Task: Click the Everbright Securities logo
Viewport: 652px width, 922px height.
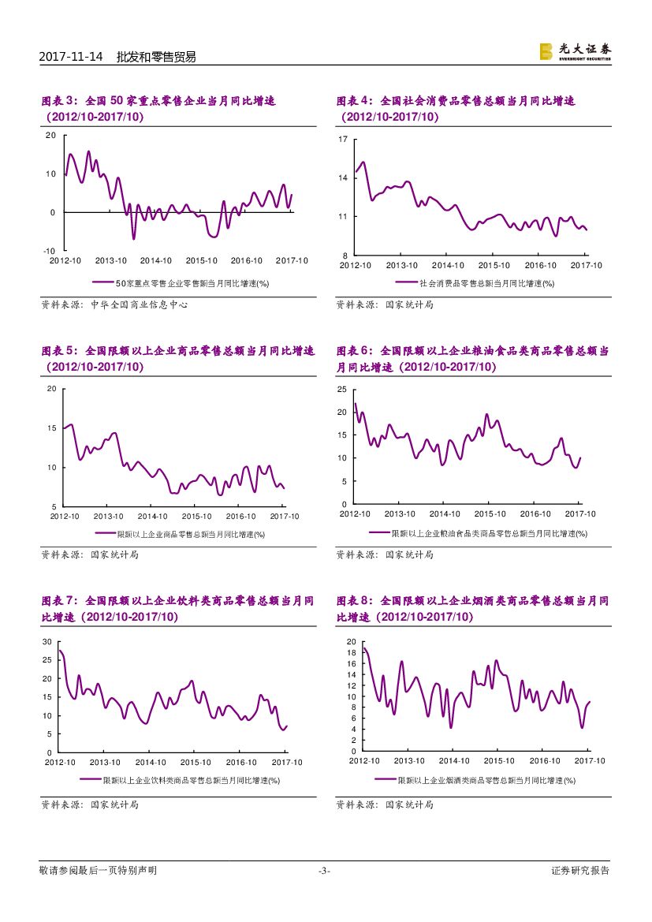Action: coord(575,51)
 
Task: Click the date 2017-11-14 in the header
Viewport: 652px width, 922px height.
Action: coord(71,57)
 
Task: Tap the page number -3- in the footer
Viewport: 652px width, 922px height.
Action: coord(324,871)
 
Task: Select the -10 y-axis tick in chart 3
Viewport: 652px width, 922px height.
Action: coord(49,250)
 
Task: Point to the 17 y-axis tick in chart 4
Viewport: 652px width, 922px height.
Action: coord(343,140)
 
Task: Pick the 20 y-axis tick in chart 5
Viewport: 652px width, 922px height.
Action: coord(51,389)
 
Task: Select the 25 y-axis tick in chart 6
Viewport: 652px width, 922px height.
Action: coord(342,390)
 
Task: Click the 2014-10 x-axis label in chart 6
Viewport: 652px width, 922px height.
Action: coord(445,513)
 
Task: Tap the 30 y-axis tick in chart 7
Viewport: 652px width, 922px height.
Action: coord(47,641)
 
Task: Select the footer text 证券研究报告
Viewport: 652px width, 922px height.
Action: coord(580,871)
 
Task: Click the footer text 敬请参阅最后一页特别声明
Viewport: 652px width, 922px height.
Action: coord(98,871)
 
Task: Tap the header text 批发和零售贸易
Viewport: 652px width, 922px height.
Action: coord(156,57)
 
